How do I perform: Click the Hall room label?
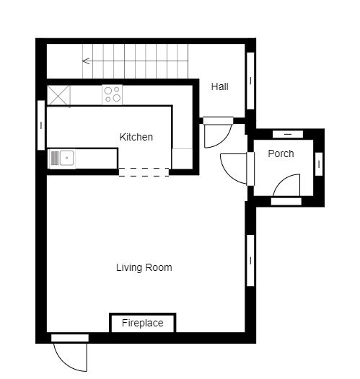(x=219, y=86)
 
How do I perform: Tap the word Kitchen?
(x=136, y=137)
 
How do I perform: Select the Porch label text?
(x=281, y=153)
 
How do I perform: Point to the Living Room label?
(x=144, y=267)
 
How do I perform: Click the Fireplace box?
(x=143, y=323)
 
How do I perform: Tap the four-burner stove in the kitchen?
(x=112, y=94)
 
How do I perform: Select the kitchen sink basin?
(x=66, y=158)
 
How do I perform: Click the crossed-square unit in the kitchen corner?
(x=58, y=95)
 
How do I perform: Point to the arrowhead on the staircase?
(x=86, y=61)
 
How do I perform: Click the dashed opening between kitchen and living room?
(x=144, y=172)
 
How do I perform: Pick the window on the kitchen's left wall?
(x=41, y=125)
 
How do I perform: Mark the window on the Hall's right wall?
(x=250, y=81)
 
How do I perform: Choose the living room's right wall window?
(x=250, y=261)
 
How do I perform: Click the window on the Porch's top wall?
(x=288, y=134)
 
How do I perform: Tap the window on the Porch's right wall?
(x=319, y=164)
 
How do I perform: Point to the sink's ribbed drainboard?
(x=55, y=158)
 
